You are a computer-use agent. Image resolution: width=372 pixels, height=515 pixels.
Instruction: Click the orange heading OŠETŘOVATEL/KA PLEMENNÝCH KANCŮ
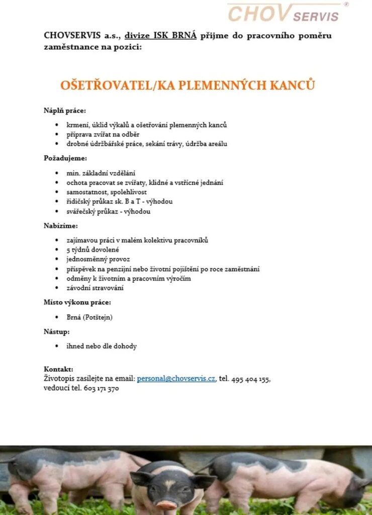pyautogui.click(x=188, y=85)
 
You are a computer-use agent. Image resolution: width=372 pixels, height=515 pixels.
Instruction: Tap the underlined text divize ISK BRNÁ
pyautogui.click(x=161, y=36)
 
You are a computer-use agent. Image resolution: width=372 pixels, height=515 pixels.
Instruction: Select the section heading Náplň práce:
pyautogui.click(x=65, y=110)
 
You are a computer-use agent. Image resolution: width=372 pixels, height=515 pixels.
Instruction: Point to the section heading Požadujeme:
pyautogui.click(x=65, y=158)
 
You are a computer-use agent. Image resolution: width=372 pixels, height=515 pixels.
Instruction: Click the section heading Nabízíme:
pyautogui.click(x=61, y=226)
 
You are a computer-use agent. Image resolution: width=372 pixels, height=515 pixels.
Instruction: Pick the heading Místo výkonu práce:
pyautogui.click(x=77, y=303)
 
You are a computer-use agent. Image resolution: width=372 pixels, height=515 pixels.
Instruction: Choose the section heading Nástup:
pyautogui.click(x=57, y=332)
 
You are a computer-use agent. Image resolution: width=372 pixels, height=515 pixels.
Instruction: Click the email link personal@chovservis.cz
pyautogui.click(x=176, y=378)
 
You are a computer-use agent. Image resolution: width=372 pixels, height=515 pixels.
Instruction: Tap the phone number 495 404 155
pyautogui.click(x=251, y=379)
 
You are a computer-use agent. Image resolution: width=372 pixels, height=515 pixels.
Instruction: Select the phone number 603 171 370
pyautogui.click(x=102, y=388)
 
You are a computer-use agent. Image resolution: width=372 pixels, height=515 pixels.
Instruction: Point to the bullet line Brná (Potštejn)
pyautogui.click(x=89, y=317)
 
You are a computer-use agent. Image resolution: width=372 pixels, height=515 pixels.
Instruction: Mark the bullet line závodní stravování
pyautogui.click(x=95, y=288)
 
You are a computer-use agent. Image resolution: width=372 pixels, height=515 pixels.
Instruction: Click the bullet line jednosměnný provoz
pyautogui.click(x=98, y=259)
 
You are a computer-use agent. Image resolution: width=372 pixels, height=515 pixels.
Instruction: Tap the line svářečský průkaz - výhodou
pyautogui.click(x=109, y=211)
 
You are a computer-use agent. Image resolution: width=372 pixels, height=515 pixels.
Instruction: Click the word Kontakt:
pyautogui.click(x=59, y=369)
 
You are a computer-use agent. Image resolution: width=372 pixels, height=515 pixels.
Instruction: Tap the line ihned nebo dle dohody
pyautogui.click(x=102, y=346)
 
